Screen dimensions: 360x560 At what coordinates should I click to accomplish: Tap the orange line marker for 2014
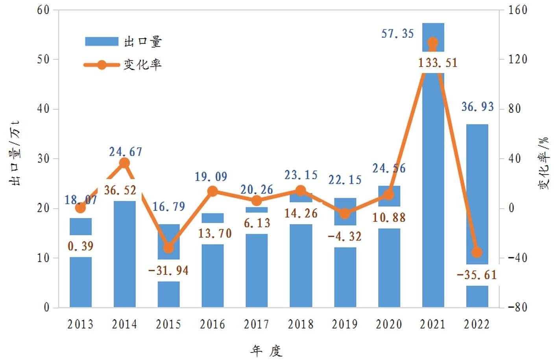[124, 163]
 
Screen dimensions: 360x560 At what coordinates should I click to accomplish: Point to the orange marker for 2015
[168, 248]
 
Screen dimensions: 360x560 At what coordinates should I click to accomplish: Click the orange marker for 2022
[477, 252]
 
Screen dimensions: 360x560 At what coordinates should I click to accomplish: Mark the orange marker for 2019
[345, 213]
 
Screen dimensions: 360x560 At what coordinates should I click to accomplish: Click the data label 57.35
[397, 34]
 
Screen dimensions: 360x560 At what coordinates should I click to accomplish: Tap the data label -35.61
[477, 275]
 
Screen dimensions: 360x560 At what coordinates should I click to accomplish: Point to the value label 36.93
[477, 107]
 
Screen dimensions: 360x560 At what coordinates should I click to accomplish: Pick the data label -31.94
[168, 271]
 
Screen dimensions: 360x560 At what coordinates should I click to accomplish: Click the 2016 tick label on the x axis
[213, 325]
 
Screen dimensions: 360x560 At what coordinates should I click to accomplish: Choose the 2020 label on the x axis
[389, 325]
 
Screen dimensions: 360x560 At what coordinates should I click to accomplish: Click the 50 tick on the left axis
[43, 59]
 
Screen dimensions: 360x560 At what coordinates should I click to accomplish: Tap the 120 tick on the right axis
[517, 59]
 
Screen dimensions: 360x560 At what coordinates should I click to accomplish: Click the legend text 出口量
[143, 42]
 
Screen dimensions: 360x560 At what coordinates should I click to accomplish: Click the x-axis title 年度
[266, 351]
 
